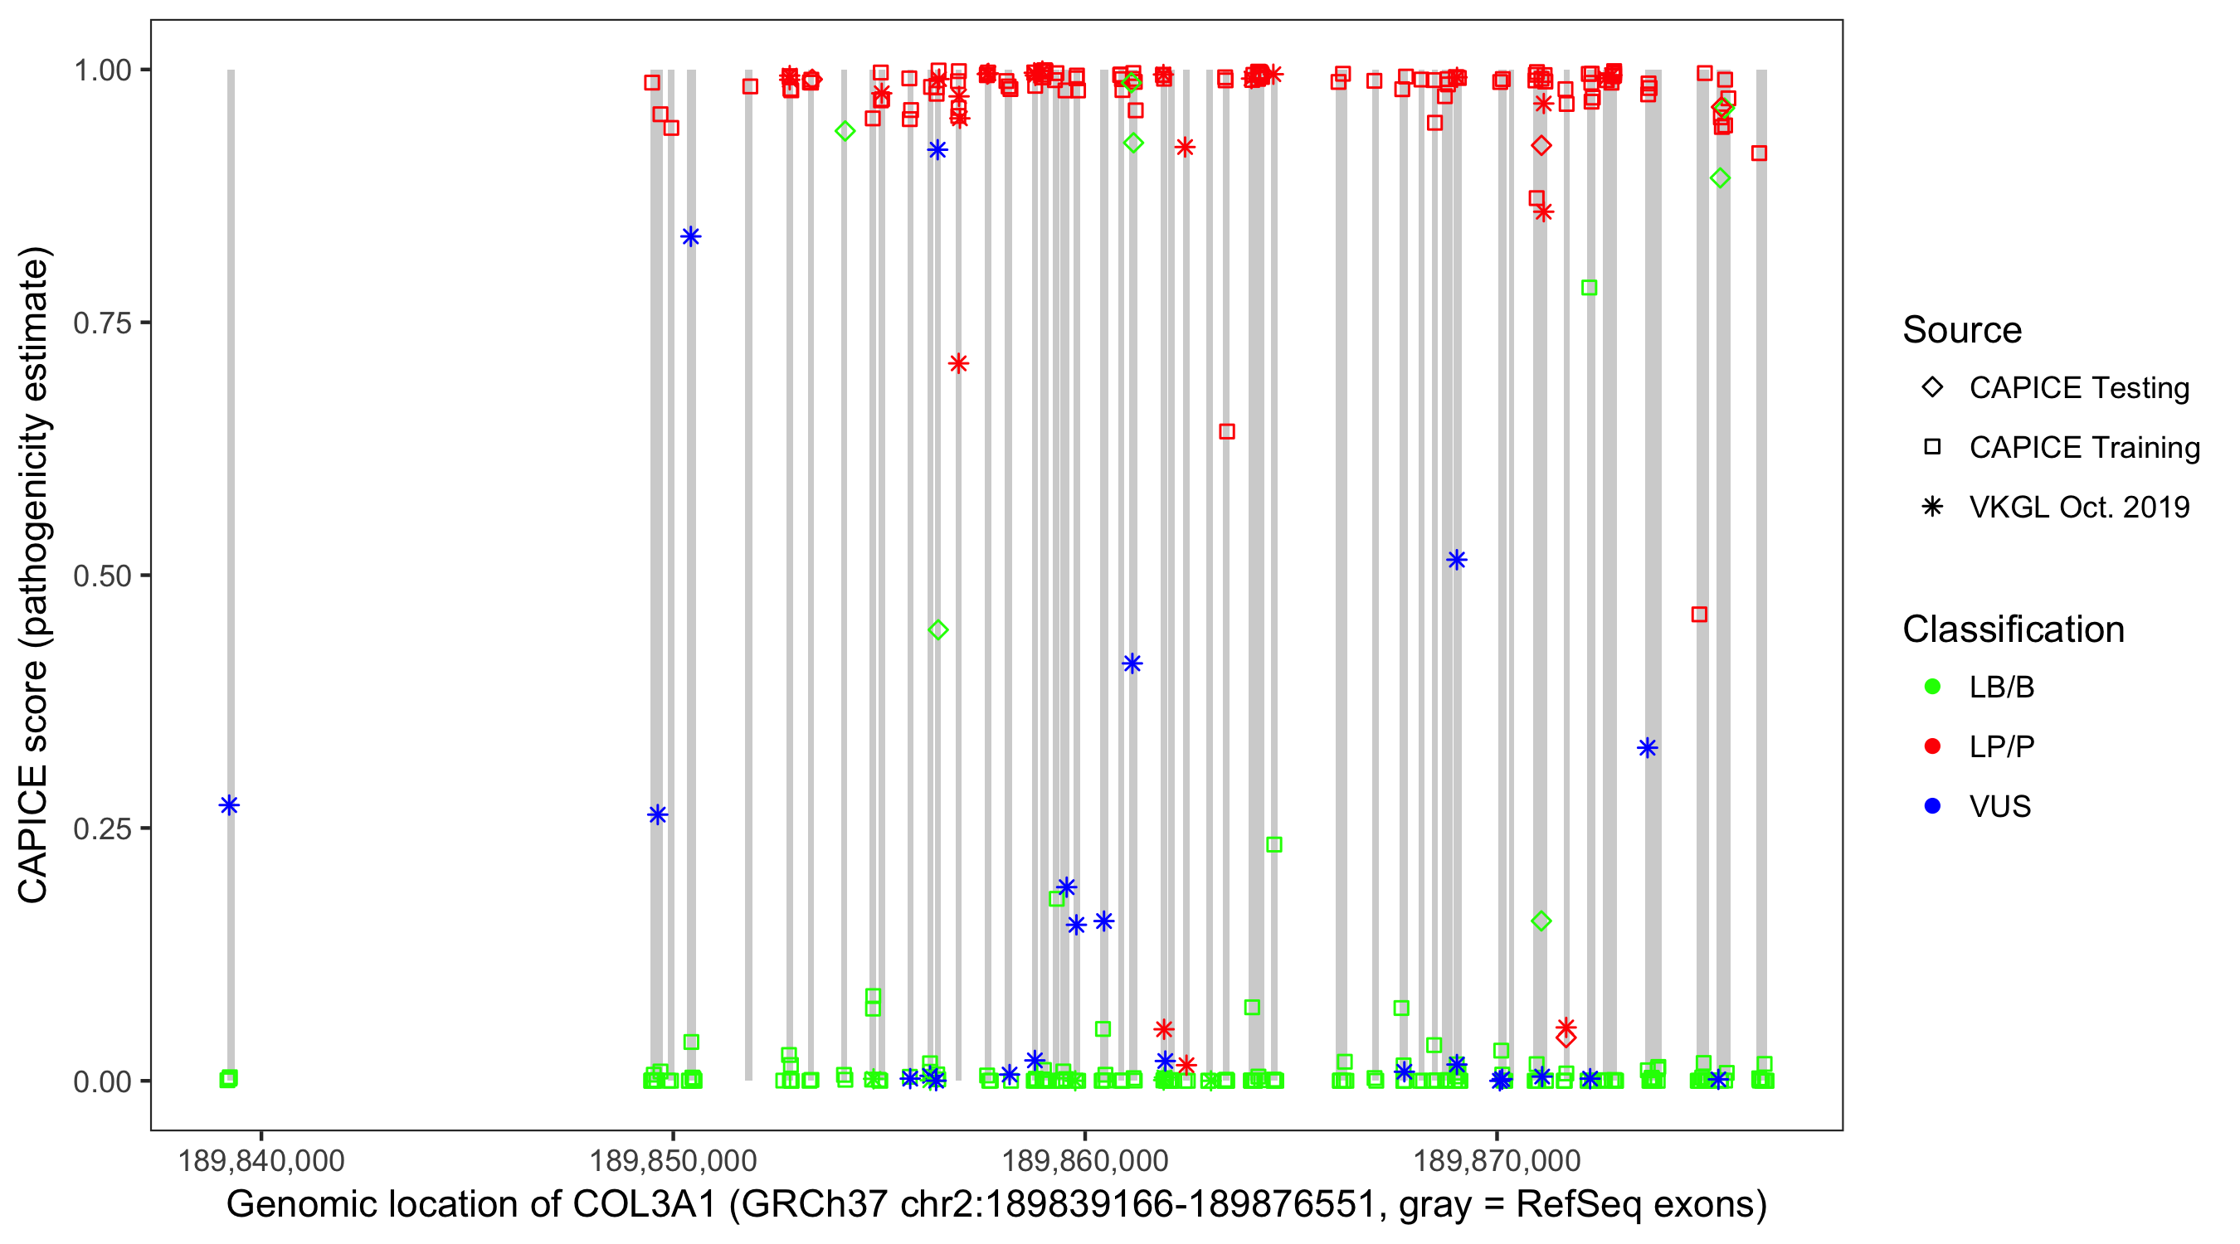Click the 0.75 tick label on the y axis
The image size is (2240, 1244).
pyautogui.click(x=101, y=323)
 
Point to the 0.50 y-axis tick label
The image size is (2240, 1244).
pyautogui.click(x=101, y=576)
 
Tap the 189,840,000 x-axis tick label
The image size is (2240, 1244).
pyautogui.click(x=261, y=1160)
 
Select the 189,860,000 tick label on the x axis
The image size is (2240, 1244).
pyautogui.click(x=1084, y=1160)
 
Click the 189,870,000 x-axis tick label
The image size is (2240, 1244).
pyautogui.click(x=1497, y=1160)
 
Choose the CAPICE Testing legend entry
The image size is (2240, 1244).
pyautogui.click(x=2078, y=388)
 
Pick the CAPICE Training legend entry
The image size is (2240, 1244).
pyautogui.click(x=2083, y=448)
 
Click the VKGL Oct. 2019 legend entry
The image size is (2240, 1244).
pyautogui.click(x=2078, y=507)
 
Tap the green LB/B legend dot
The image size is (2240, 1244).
pyautogui.click(x=1932, y=687)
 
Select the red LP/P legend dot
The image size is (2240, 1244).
pyautogui.click(x=1932, y=746)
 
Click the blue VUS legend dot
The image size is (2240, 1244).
pyautogui.click(x=1932, y=806)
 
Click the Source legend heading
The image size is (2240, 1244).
pyautogui.click(x=1962, y=330)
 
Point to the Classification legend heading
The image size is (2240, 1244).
pyautogui.click(x=2013, y=629)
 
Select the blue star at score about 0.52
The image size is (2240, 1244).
pyautogui.click(x=1457, y=560)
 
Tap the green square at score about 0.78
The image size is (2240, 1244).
pyautogui.click(x=1589, y=288)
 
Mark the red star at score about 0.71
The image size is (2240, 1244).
pyautogui.click(x=958, y=363)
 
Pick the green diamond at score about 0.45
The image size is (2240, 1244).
pyautogui.click(x=937, y=630)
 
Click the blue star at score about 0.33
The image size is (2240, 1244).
pyautogui.click(x=1647, y=747)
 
